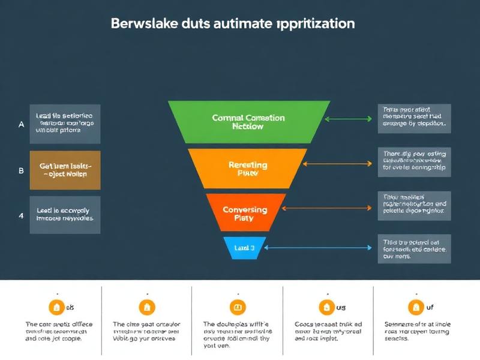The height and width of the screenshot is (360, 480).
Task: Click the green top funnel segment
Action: [x=248, y=122]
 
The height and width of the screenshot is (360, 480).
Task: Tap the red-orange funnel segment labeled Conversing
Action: [x=247, y=214]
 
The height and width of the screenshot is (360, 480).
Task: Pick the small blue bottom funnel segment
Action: [x=244, y=247]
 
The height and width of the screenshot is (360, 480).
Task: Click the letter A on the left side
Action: [x=21, y=125]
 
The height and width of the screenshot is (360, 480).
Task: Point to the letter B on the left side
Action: [x=21, y=170]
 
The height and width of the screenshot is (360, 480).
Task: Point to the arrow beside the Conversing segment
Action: [x=328, y=208]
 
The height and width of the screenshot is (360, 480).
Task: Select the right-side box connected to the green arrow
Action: [x=414, y=118]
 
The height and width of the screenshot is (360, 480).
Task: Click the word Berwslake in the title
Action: [x=140, y=24]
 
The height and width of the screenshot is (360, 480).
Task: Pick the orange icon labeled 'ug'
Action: [x=326, y=308]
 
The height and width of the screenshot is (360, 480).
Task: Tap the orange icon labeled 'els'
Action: [x=56, y=308]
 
